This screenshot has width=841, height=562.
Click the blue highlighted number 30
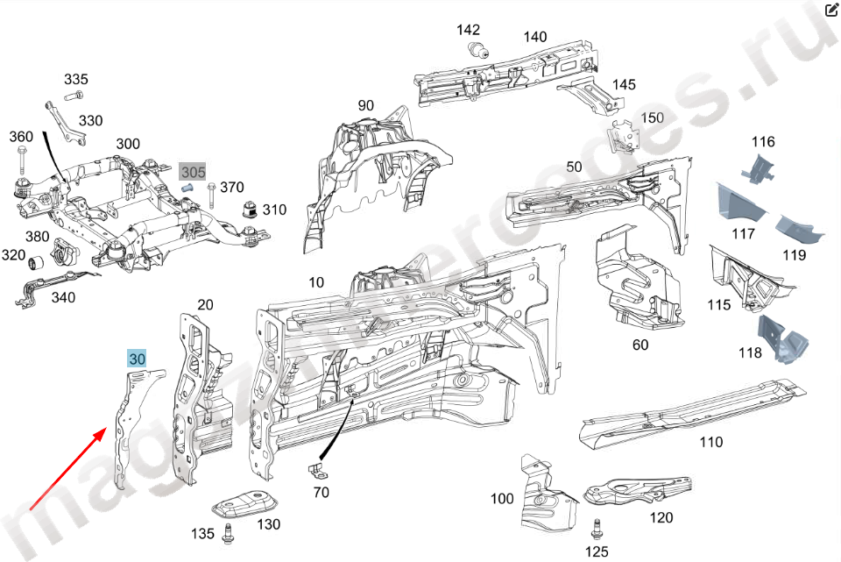pos(138,359)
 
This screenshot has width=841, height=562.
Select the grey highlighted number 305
pos(193,172)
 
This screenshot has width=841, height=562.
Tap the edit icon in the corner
pos(831,11)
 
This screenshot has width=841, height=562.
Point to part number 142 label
pos(469,30)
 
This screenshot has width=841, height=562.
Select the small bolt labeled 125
pos(597,529)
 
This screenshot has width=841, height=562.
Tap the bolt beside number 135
pos(229,530)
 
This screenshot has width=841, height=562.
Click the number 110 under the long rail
pos(711,442)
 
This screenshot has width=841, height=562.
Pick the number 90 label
pos(365,106)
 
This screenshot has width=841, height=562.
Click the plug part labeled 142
pos(477,50)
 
